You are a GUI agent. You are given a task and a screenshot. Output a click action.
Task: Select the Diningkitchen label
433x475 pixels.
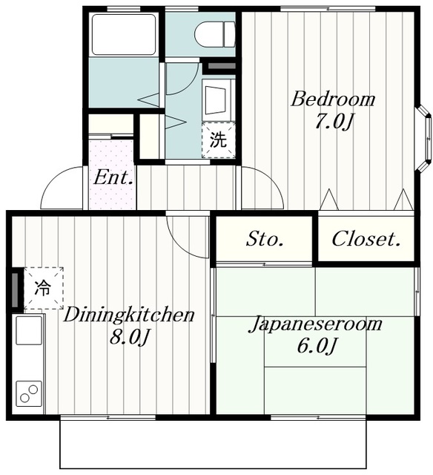pyautogui.click(x=128, y=315)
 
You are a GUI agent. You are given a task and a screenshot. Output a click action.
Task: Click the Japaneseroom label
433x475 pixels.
pyautogui.click(x=315, y=324)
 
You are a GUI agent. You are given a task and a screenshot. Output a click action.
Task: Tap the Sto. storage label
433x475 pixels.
pyautogui.click(x=265, y=239)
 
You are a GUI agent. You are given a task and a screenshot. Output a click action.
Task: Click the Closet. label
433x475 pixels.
pyautogui.click(x=366, y=239)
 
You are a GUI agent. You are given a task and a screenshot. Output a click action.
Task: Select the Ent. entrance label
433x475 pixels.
pyautogui.click(x=113, y=178)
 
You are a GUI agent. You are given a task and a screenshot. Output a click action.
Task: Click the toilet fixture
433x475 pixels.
pyautogui.click(x=214, y=33)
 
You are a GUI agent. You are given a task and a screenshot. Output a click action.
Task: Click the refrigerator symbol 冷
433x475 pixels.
pyautogui.click(x=44, y=287)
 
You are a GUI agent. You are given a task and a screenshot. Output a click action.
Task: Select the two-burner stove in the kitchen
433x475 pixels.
pyautogui.click(x=29, y=393)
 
